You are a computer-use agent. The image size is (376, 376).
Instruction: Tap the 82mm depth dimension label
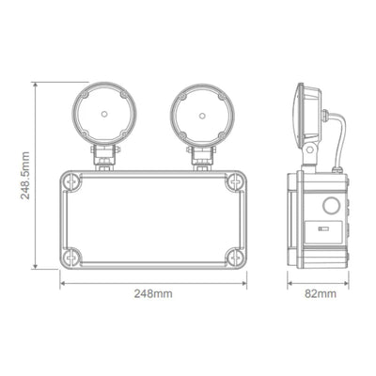point(321,294)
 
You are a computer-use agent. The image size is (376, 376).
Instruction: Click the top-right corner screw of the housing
point(232,182)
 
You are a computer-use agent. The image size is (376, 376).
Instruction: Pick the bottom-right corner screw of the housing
point(232,255)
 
